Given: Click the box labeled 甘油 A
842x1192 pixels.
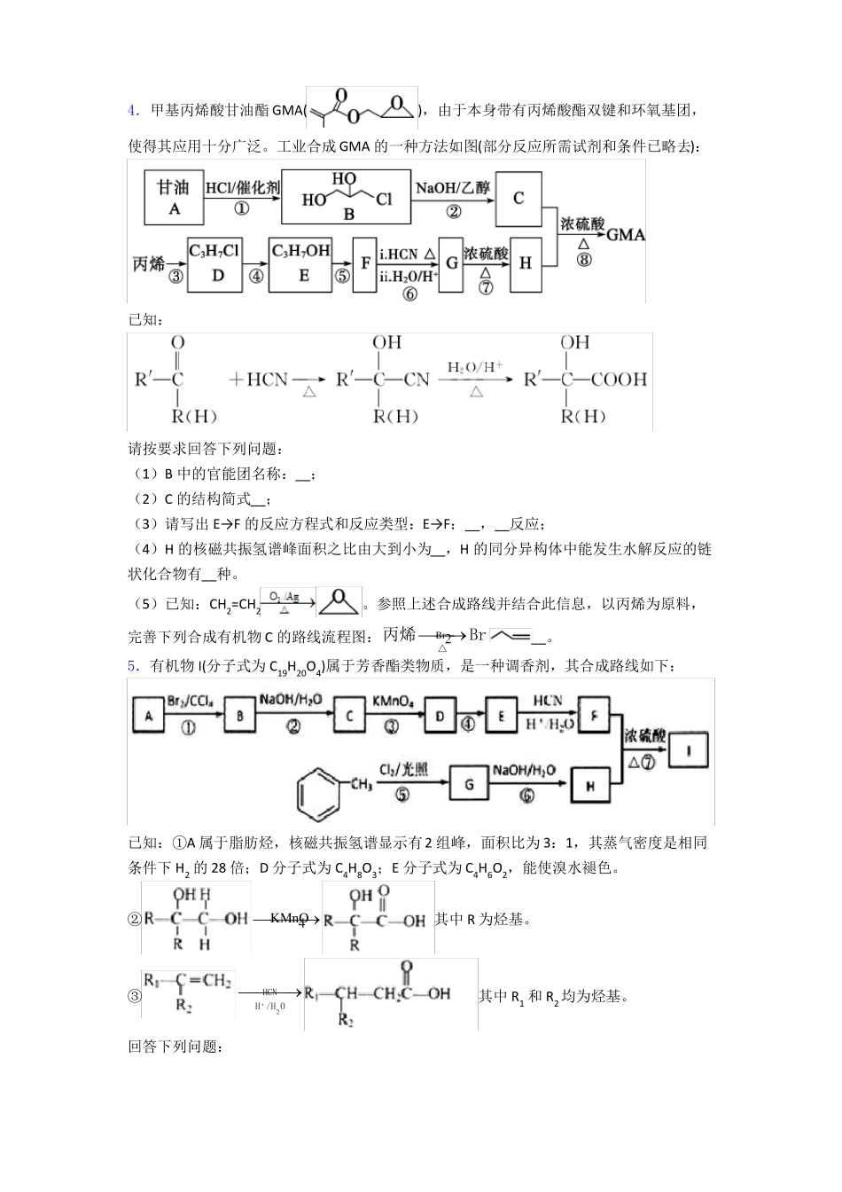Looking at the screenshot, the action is point(174,197).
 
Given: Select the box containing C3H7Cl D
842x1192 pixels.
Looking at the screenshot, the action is point(214,263).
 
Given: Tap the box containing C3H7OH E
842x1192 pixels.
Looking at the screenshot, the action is point(300,263).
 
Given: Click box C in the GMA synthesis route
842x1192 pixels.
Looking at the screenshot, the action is point(518,198).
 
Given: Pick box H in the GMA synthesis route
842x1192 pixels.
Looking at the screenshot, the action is point(525,263).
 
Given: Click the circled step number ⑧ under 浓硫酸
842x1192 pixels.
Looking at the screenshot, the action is point(583,260).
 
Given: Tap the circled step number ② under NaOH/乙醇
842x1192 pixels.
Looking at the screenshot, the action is point(454,210).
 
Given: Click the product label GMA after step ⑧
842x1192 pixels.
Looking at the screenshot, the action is point(626,235).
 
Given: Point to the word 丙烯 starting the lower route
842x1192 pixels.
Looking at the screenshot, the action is point(148,263).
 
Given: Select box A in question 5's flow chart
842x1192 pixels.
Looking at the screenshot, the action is point(148,716).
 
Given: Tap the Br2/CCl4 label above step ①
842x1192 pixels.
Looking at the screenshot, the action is point(188,702).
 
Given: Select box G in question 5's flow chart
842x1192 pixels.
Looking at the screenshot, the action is point(469,783).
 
